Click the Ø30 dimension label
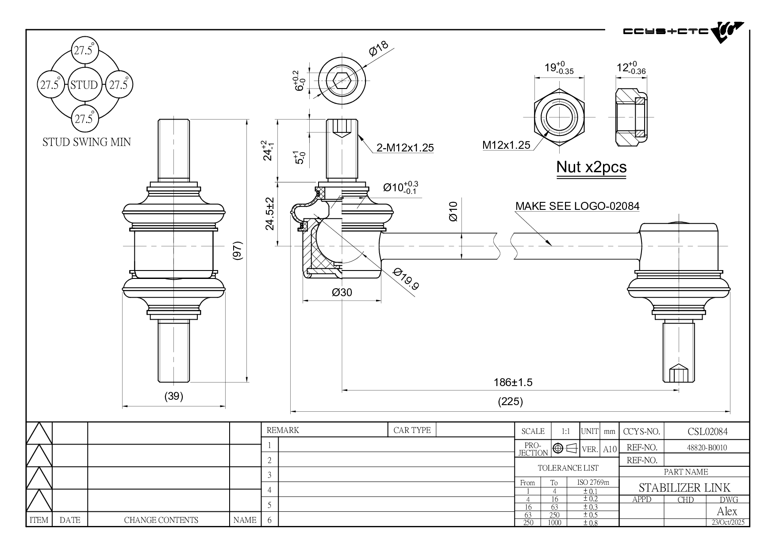pyautogui.click(x=342, y=293)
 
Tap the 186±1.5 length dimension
pyautogui.click(x=513, y=383)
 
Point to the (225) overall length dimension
pyautogui.click(x=510, y=402)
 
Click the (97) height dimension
pyautogui.click(x=238, y=251)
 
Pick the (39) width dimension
pyautogui.click(x=173, y=396)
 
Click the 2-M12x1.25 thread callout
pyautogui.click(x=405, y=148)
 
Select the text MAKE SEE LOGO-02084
pyautogui.click(x=577, y=206)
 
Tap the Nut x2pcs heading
pyautogui.click(x=591, y=167)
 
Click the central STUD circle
pyautogui.click(x=84, y=85)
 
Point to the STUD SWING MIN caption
pyautogui.click(x=87, y=142)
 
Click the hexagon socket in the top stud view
pyautogui.click(x=342, y=81)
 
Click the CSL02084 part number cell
pyautogui.click(x=707, y=431)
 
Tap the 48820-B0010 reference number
pyautogui.click(x=707, y=447)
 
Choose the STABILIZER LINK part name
pyautogui.click(x=684, y=488)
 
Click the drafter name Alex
pyautogui.click(x=727, y=512)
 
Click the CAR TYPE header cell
pyautogui.click(x=412, y=430)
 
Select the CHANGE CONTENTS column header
pyautogui.click(x=161, y=520)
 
